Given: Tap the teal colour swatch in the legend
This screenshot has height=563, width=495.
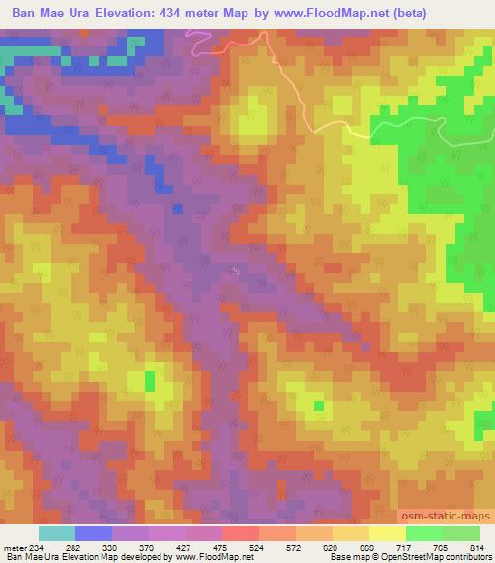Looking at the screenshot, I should pyautogui.click(x=57, y=533).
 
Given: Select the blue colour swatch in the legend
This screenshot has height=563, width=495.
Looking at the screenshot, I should pyautogui.click(x=94, y=533).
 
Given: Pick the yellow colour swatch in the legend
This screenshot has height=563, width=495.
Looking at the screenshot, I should pyautogui.click(x=387, y=533).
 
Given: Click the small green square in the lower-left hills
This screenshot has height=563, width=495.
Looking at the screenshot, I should pyautogui.click(x=150, y=381).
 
